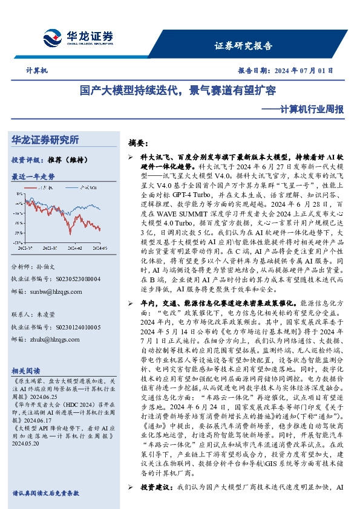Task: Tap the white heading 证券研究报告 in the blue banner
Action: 243,45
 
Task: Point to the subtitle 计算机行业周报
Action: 306,110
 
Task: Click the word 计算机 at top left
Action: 37,70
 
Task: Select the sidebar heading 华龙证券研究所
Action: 45,140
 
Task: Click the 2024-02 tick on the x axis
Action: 73,247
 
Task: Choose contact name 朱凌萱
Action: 53,315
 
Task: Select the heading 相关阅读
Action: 26,371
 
